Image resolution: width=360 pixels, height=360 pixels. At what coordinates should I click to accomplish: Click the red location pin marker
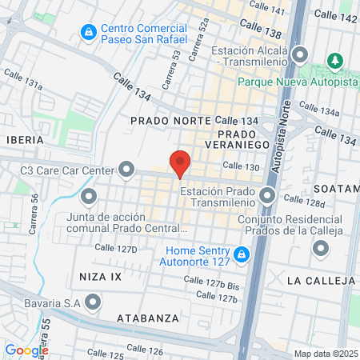click(x=180, y=162)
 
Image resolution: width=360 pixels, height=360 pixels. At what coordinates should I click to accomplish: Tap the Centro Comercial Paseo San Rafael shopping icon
click(x=89, y=33)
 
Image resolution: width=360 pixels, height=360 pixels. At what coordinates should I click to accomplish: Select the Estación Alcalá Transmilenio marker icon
click(x=301, y=55)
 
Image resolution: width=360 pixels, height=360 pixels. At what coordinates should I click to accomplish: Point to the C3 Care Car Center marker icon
click(x=126, y=169)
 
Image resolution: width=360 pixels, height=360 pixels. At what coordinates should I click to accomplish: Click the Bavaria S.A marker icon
click(x=94, y=302)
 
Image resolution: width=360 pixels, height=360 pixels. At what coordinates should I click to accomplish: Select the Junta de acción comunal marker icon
click(x=89, y=195)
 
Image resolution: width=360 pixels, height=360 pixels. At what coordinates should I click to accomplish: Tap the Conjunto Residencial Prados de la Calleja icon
click(x=321, y=250)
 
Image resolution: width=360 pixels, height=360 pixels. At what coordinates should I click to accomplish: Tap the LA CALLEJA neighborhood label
click(x=320, y=281)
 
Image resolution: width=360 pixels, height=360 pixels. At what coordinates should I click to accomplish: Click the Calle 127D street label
click(x=115, y=249)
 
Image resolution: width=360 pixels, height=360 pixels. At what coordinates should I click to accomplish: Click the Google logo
click(x=26, y=350)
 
